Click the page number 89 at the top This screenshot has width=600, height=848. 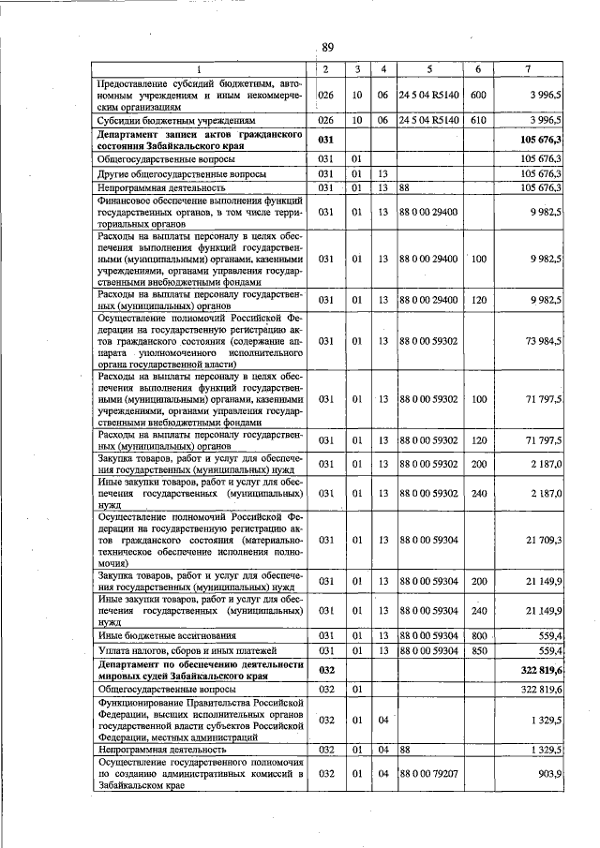coord(327,47)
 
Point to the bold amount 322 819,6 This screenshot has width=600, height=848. coord(539,670)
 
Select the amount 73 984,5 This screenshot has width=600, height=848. coord(542,341)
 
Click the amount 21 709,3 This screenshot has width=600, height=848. coord(542,540)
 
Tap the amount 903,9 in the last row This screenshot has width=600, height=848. coord(547,776)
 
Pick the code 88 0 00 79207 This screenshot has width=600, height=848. coord(428,776)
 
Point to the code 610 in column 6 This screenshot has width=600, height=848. coord(478,121)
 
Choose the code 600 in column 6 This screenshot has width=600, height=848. coord(478,96)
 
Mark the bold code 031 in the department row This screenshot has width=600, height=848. coord(325,140)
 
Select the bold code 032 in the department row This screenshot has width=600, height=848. coord(325,670)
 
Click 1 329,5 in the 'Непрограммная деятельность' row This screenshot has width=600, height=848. coord(544,751)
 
